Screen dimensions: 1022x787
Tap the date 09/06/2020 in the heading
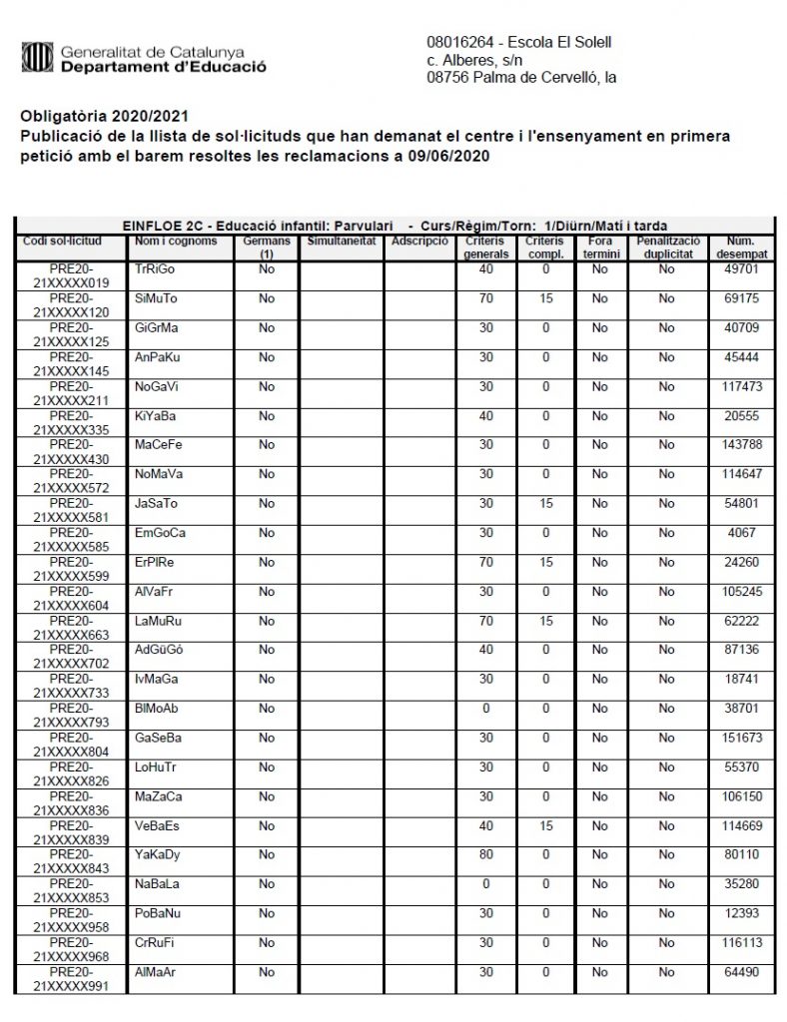(x=454, y=158)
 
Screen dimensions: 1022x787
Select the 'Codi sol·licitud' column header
(x=68, y=242)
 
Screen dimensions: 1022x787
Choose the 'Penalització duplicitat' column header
(x=666, y=248)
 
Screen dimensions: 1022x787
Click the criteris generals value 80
(x=486, y=854)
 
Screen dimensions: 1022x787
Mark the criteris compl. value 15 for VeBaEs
(x=545, y=825)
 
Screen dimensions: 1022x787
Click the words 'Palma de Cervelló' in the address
(x=525, y=77)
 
